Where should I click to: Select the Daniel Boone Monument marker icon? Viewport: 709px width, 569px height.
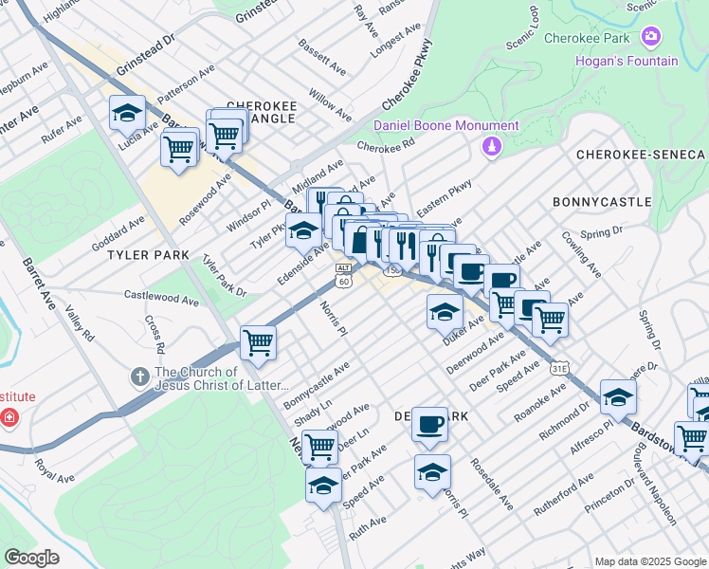pyautogui.click(x=491, y=146)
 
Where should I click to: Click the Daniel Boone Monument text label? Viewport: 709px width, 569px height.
pyautogui.click(x=445, y=125)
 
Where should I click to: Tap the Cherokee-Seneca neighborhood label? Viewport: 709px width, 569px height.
pyautogui.click(x=641, y=155)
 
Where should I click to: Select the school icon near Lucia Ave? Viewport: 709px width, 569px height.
pyautogui.click(x=127, y=113)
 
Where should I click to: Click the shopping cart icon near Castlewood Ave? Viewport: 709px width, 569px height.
pyautogui.click(x=258, y=341)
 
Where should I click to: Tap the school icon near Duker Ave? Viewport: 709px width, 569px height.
pyautogui.click(x=445, y=310)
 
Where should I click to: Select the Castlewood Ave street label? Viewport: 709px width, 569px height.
pyautogui.click(x=162, y=298)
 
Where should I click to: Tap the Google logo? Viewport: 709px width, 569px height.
pyautogui.click(x=31, y=558)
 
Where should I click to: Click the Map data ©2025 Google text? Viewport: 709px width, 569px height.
pyautogui.click(x=649, y=561)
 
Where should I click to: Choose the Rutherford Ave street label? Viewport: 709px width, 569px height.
pyautogui.click(x=562, y=494)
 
